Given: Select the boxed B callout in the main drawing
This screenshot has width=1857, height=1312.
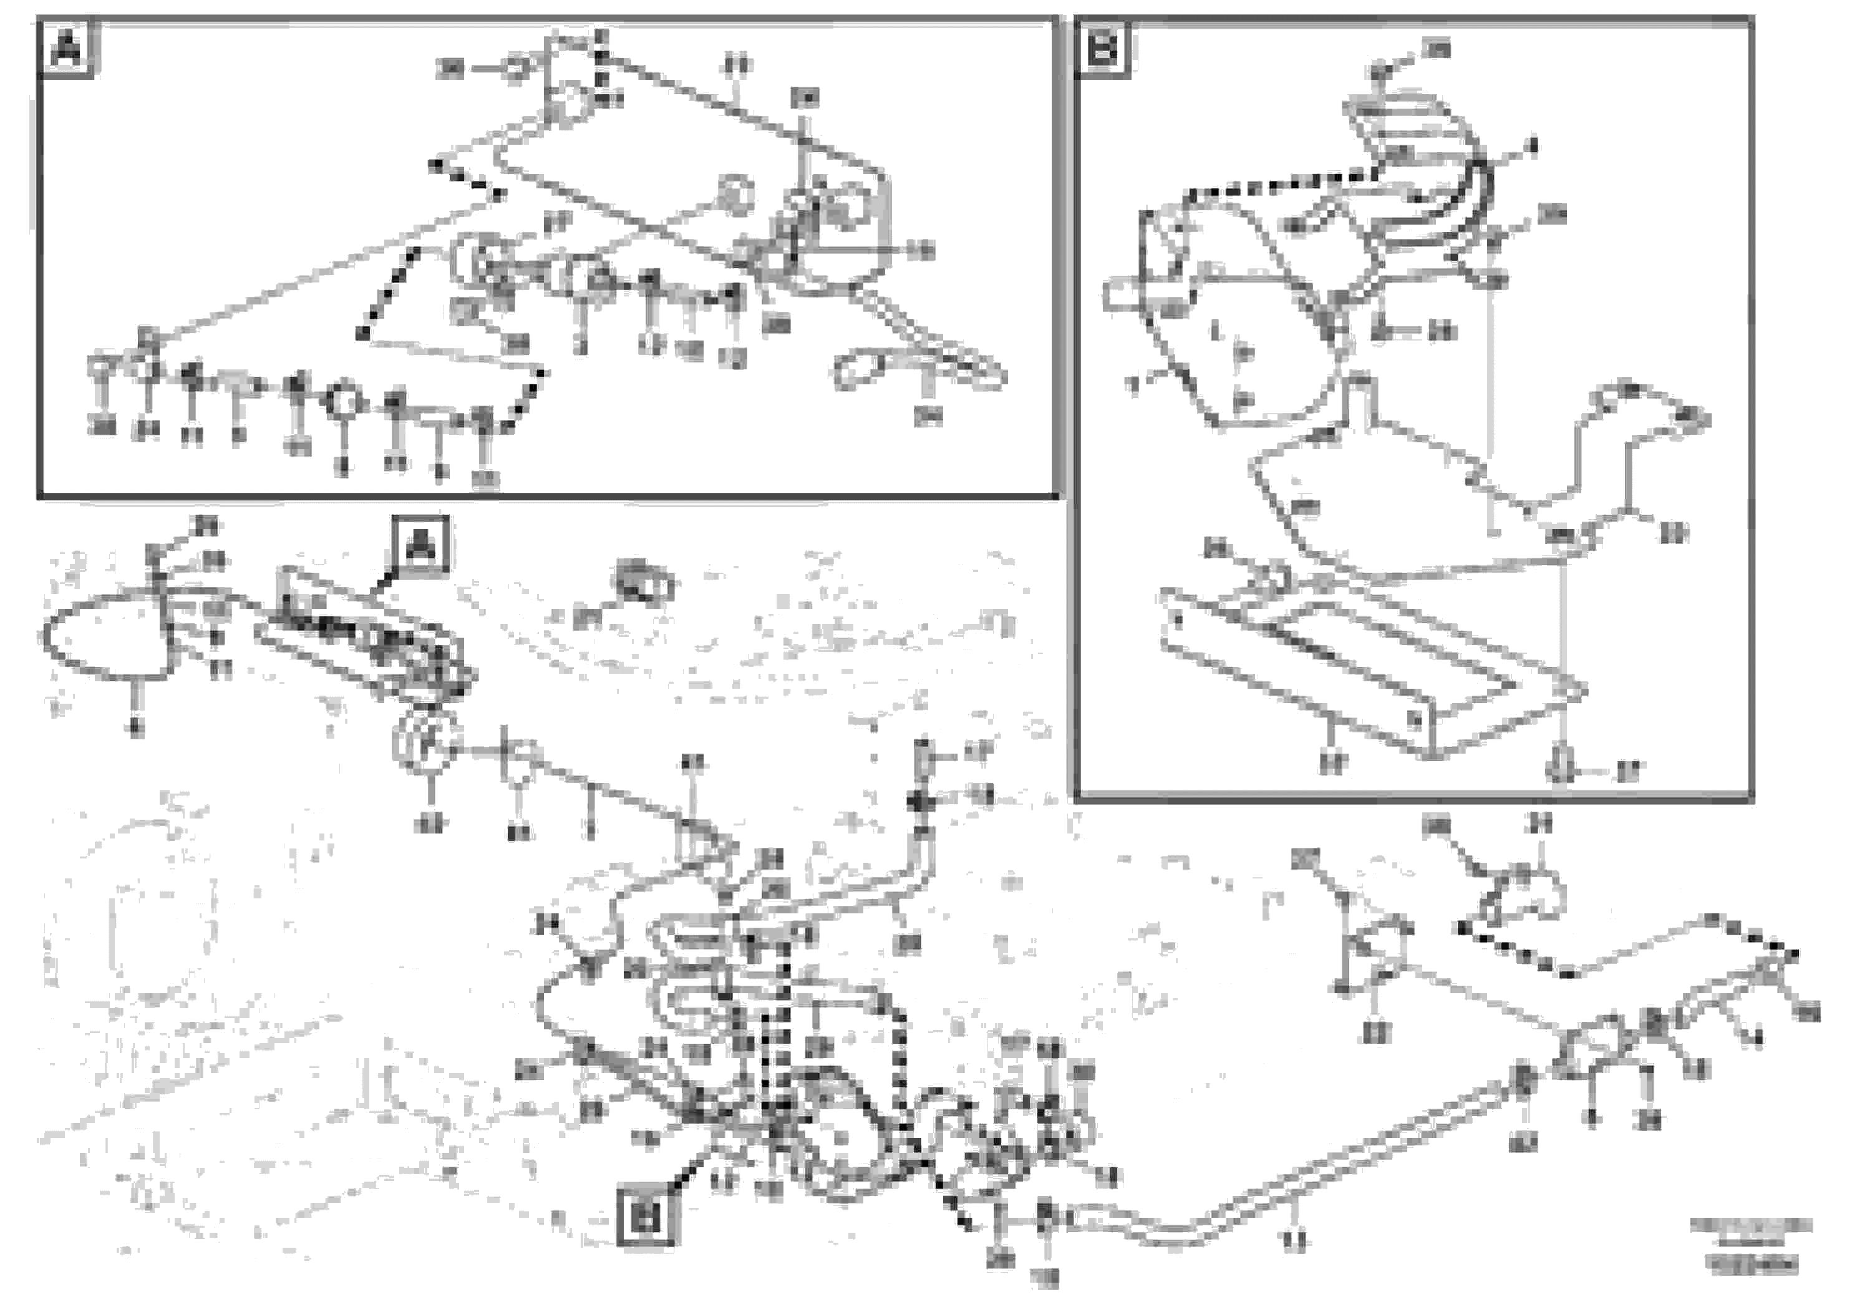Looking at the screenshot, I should (x=647, y=1216).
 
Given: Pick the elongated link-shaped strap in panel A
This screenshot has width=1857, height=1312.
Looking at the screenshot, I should (x=922, y=369).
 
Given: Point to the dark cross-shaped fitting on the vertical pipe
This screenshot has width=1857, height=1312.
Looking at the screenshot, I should (x=921, y=801).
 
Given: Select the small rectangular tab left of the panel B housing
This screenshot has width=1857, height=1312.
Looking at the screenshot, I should (x=1120, y=293).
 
